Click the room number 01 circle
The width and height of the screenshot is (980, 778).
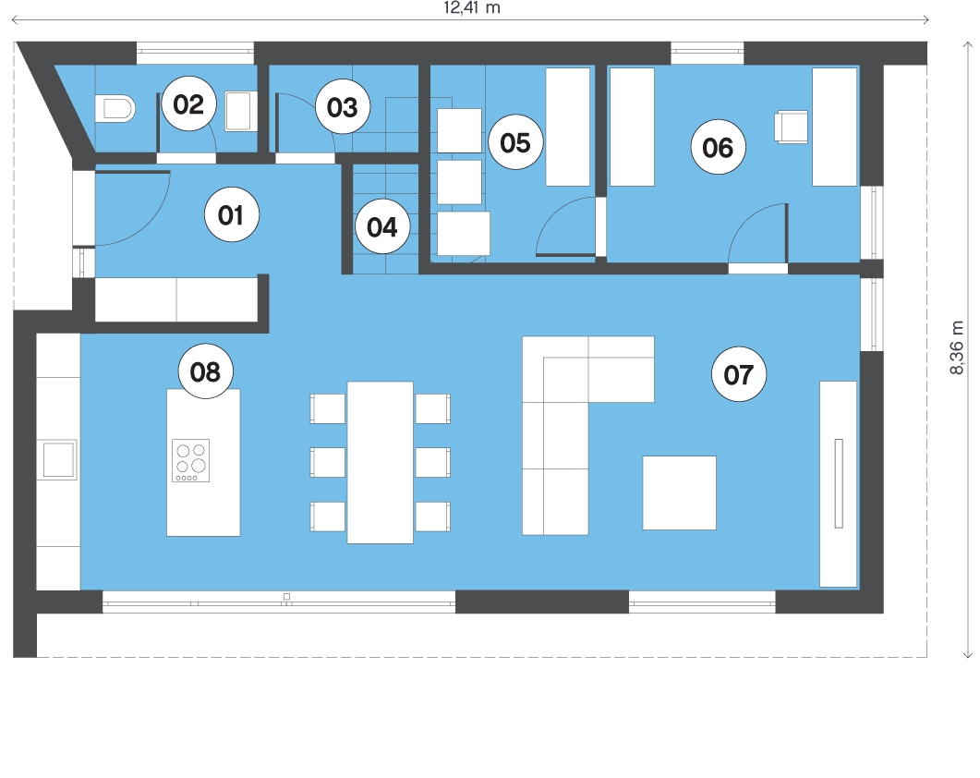pyautogui.click(x=232, y=214)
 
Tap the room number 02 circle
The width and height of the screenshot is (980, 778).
pyautogui.click(x=189, y=103)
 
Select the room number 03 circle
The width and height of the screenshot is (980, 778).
pyautogui.click(x=343, y=106)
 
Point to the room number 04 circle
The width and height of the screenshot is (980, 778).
pyautogui.click(x=382, y=226)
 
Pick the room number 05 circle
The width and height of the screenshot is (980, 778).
pyautogui.click(x=515, y=142)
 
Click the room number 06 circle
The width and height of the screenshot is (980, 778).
pyautogui.click(x=718, y=147)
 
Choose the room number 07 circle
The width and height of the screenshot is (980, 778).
pyautogui.click(x=739, y=374)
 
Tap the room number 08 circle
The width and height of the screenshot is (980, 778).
pyautogui.click(x=206, y=371)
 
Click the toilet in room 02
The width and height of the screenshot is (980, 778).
pyautogui.click(x=115, y=109)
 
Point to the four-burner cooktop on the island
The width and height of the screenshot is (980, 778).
pyautogui.click(x=190, y=461)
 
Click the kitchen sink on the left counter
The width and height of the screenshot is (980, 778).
pyautogui.click(x=57, y=459)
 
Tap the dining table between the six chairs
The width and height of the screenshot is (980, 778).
pyautogui.click(x=380, y=462)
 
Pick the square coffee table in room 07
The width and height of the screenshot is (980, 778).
pyautogui.click(x=680, y=492)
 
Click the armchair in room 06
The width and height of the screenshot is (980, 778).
pyautogui.click(x=791, y=127)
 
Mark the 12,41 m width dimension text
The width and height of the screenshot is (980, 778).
pyautogui.click(x=472, y=7)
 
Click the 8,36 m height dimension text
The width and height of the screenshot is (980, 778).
pyautogui.click(x=956, y=347)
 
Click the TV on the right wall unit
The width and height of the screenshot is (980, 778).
pyautogui.click(x=839, y=483)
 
